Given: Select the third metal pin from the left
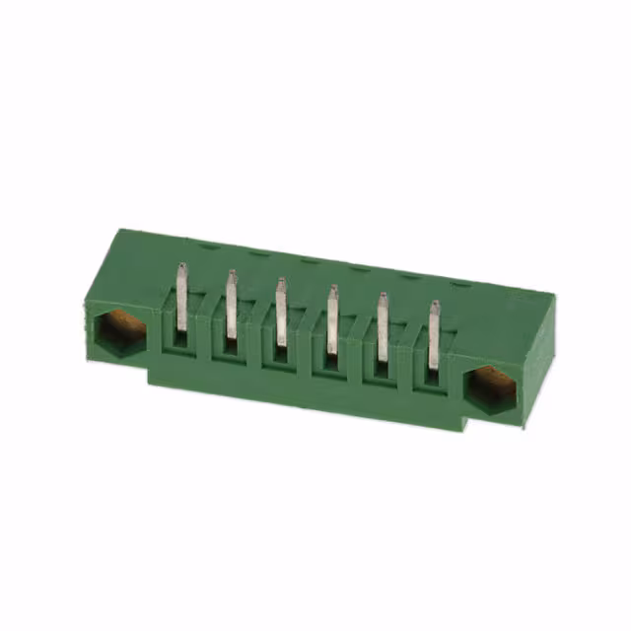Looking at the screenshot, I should (x=280, y=314).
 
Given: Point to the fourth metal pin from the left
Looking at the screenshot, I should (x=331, y=320).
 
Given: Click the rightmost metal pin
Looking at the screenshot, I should (x=432, y=335).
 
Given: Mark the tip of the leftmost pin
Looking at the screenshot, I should (x=181, y=266).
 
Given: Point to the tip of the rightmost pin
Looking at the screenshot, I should (x=433, y=306).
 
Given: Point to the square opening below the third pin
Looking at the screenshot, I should (x=280, y=354).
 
